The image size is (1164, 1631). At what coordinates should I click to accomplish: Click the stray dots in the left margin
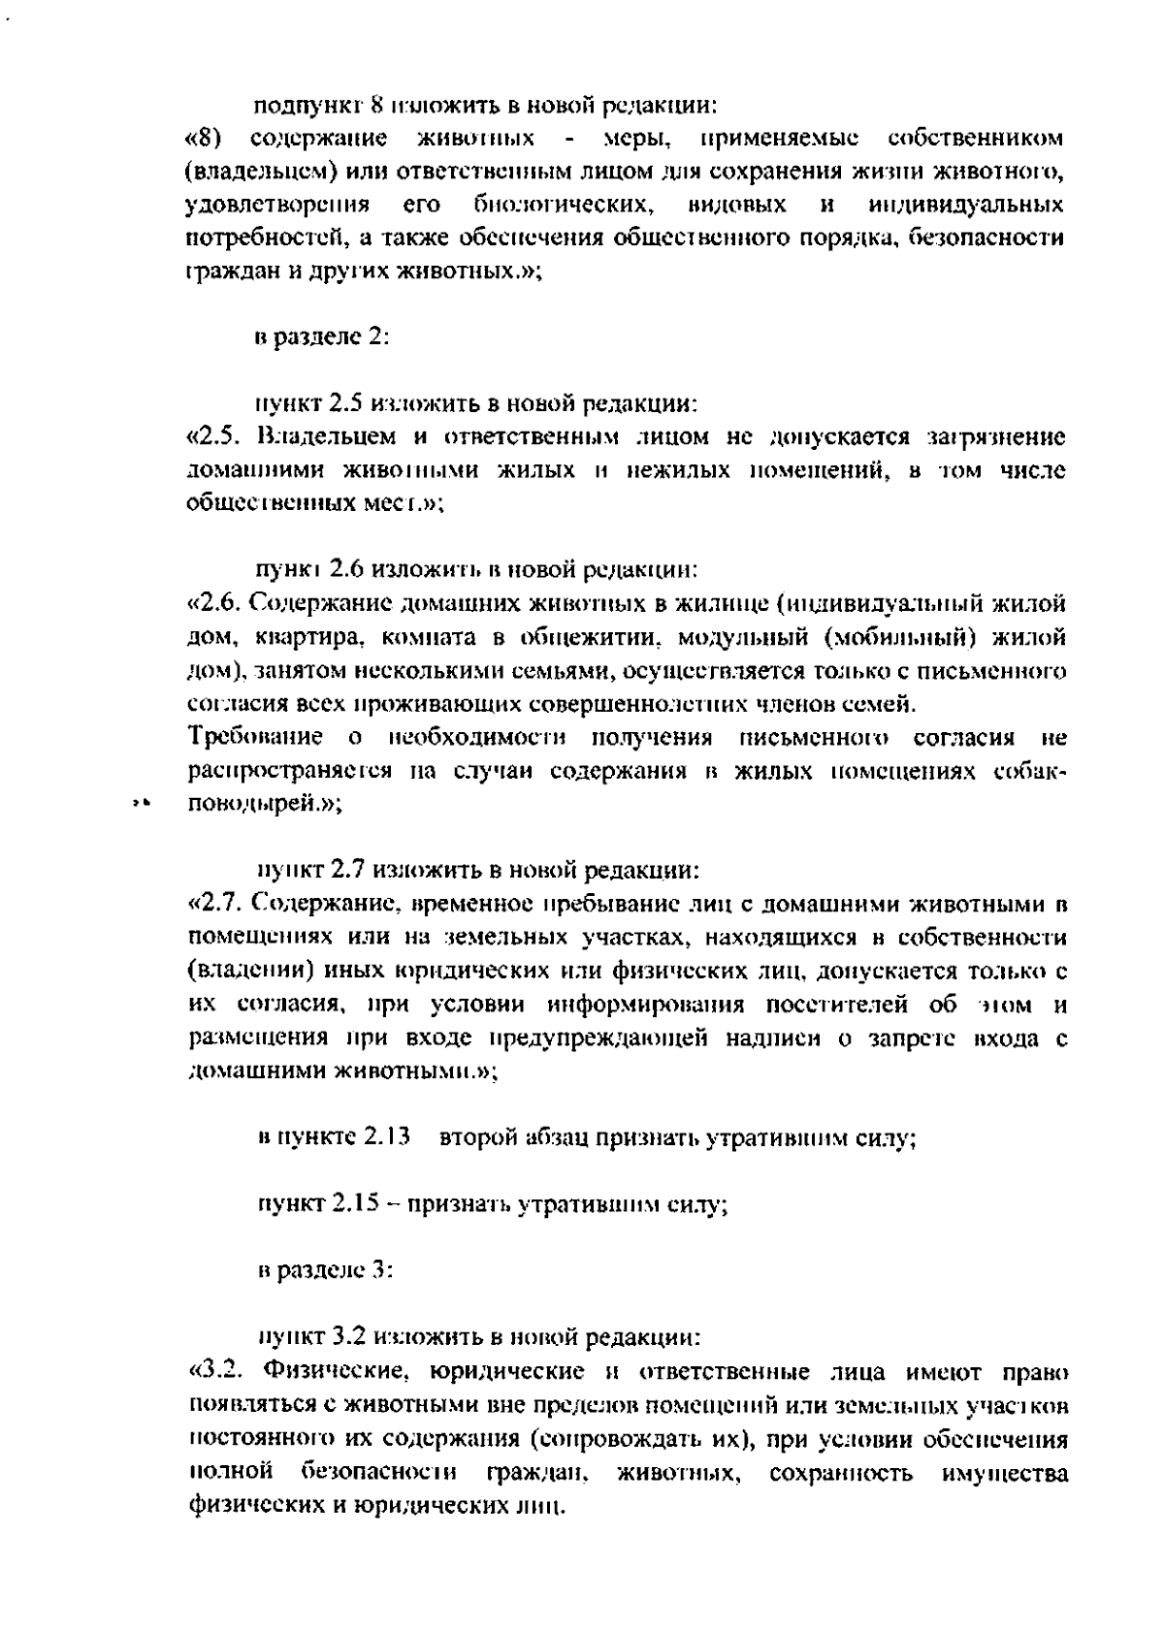coord(141,803)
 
